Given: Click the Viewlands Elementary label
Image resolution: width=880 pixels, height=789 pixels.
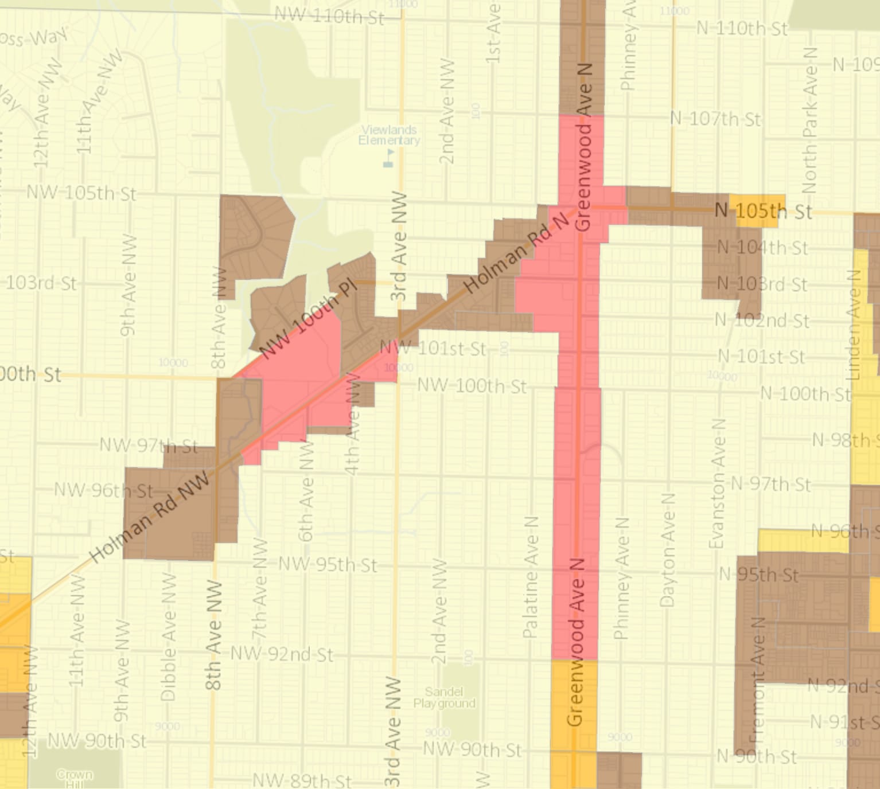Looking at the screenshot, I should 389,135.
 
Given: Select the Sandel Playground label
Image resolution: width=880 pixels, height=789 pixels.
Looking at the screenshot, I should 445,697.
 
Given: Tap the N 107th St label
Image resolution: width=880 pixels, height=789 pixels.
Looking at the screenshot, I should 715,119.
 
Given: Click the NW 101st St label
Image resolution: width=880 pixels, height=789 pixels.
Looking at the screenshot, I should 434,348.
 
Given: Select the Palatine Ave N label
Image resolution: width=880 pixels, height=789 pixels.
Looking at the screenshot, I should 531,577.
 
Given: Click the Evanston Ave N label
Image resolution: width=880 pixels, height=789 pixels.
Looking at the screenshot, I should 717,483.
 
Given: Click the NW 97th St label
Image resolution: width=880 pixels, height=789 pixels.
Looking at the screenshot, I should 149,446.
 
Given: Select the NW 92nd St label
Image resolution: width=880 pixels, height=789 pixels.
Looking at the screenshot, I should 282,654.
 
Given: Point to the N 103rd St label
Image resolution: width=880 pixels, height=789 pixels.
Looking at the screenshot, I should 762,284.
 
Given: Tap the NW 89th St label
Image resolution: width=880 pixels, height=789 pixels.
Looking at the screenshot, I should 302,780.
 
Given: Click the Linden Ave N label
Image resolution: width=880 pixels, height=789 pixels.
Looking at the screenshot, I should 854,325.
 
